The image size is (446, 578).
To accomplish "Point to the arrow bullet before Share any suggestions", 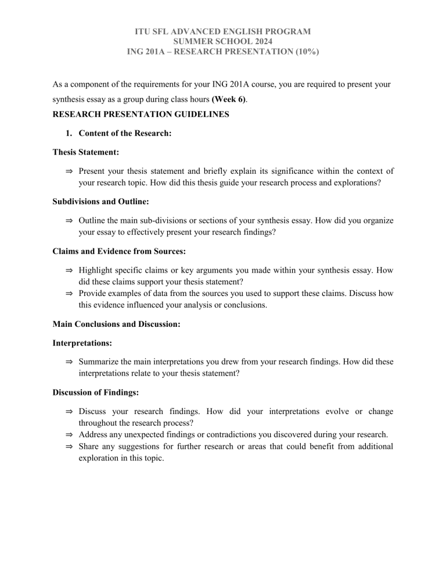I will coord(69,447).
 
